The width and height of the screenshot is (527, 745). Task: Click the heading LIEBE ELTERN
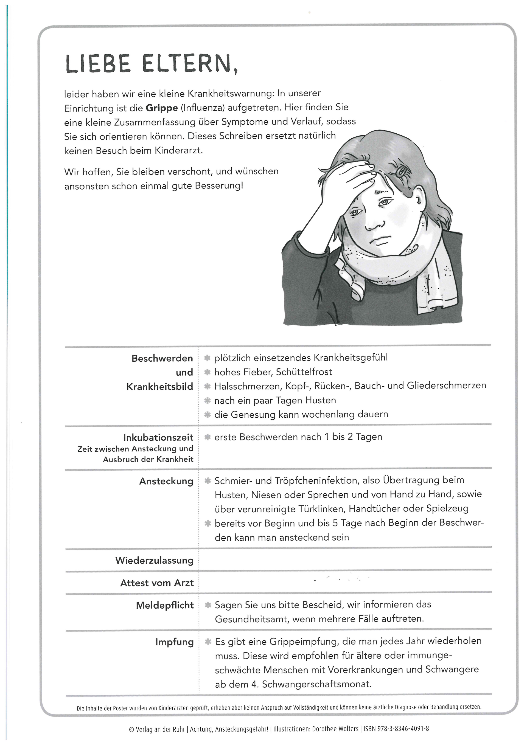click(151, 64)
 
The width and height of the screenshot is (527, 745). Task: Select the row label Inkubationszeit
click(158, 438)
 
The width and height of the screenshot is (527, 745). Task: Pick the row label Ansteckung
click(166, 481)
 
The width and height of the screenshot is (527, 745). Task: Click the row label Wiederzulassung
click(154, 560)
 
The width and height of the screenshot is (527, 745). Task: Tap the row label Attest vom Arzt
click(157, 583)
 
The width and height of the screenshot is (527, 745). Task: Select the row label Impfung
click(174, 642)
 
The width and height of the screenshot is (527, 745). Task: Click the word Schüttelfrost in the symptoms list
click(304, 372)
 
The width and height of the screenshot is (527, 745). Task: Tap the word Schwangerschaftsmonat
click(316, 684)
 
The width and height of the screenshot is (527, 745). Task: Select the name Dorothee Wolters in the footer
click(335, 729)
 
